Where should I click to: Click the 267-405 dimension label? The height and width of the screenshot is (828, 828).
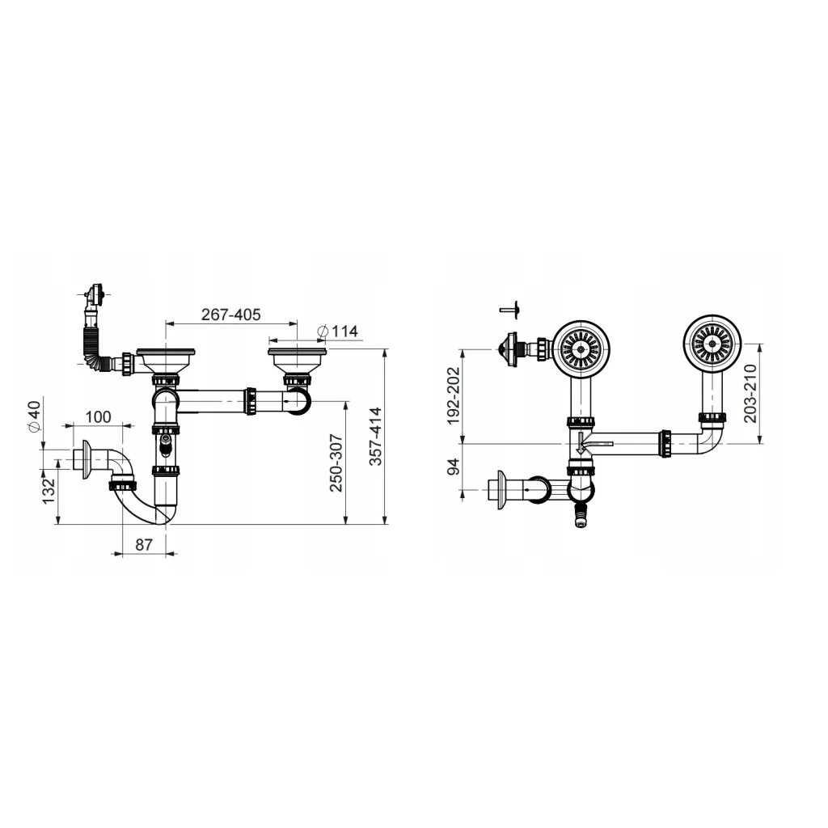coord(230,315)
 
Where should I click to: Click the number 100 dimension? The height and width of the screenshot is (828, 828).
coord(98,417)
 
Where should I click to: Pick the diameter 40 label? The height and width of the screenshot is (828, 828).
coord(32,416)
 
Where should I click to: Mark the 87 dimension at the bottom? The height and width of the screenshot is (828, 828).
coord(144,545)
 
